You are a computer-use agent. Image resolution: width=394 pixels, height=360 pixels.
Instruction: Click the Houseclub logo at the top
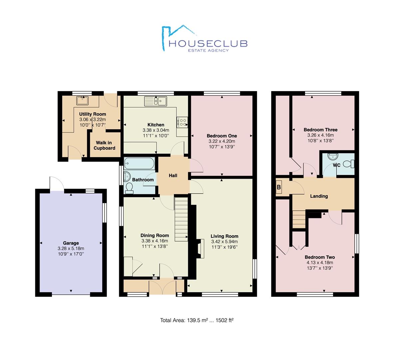point(204,39)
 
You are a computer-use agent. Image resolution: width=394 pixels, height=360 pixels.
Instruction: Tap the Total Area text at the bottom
point(197,320)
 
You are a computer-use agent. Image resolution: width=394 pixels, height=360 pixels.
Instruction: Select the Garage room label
point(71,243)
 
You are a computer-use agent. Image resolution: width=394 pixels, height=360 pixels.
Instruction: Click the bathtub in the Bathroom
point(139,164)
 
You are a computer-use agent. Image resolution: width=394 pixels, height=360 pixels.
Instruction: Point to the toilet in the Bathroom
point(129,188)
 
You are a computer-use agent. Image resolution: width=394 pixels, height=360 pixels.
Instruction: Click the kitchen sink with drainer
point(156,101)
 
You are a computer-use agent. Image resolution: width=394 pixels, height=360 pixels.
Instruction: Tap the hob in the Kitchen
point(182,123)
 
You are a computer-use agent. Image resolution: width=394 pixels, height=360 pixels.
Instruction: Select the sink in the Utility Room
point(82,100)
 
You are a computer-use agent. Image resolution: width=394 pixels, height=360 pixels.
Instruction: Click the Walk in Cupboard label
point(104,145)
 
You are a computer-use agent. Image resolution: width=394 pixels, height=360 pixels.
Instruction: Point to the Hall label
point(173,176)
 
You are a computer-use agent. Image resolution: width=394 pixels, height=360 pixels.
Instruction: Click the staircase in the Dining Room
point(181,219)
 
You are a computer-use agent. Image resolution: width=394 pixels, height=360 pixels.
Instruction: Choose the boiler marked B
point(279,187)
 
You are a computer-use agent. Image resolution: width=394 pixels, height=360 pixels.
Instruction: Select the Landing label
point(319,196)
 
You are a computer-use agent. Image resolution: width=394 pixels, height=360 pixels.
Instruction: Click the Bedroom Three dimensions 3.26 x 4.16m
point(321,135)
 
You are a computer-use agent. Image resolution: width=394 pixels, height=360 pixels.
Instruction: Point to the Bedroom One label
point(222,136)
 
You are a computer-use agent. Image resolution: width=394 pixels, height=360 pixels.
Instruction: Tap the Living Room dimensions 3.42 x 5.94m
point(224,242)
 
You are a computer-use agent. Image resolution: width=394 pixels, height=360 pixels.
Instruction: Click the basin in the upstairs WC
point(333,156)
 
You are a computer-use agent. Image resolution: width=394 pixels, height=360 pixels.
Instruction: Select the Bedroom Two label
point(320,257)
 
